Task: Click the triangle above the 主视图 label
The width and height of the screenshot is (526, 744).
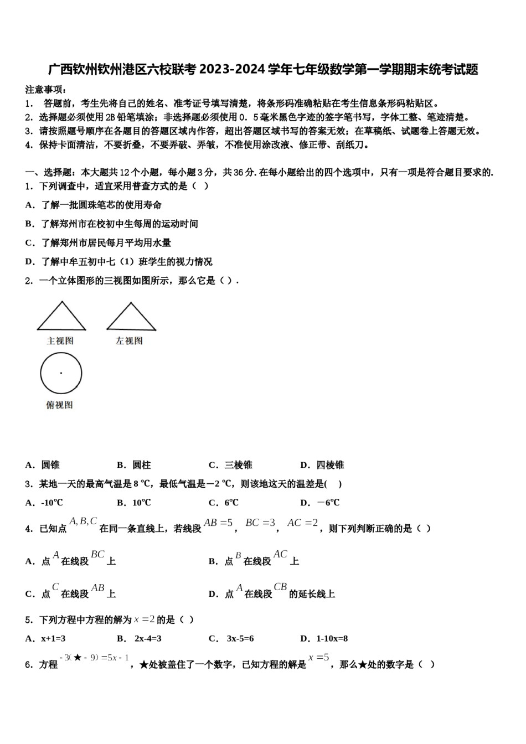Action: point(61,318)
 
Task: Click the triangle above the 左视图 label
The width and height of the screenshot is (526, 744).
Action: point(131,318)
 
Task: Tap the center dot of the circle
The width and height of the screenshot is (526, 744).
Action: point(61,373)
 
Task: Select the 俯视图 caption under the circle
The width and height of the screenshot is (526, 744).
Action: point(59,405)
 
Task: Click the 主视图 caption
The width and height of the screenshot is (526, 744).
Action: point(60,341)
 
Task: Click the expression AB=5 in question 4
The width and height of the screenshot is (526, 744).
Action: point(218,523)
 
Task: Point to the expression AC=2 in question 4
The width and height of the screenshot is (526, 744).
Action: point(303,523)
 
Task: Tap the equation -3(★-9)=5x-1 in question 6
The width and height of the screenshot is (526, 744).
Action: point(94,658)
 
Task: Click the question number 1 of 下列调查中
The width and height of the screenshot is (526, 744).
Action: point(28,186)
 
